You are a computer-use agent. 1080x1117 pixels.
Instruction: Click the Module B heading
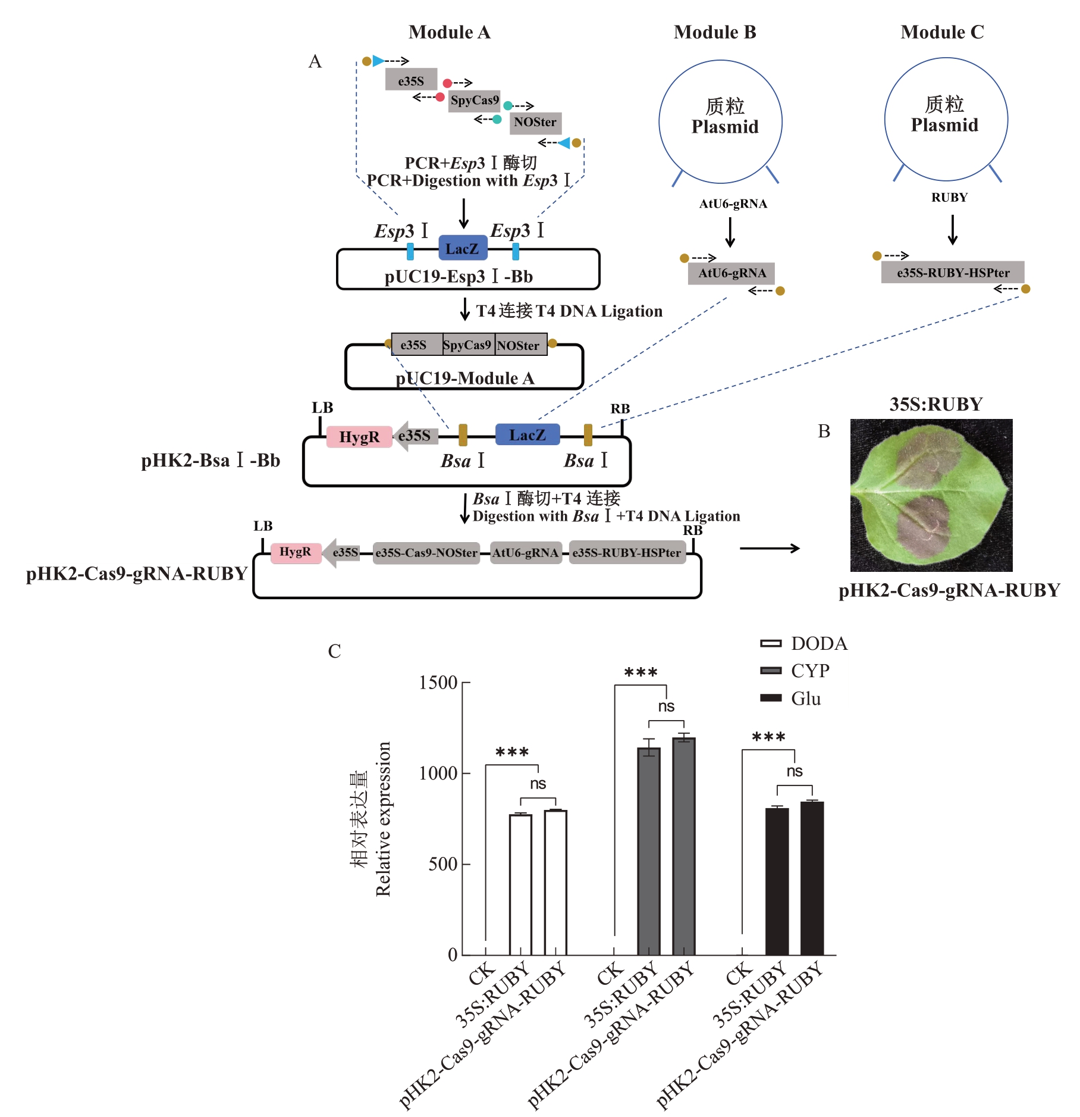click(x=714, y=32)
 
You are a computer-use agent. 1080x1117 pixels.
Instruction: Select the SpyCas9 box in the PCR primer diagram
click(x=474, y=101)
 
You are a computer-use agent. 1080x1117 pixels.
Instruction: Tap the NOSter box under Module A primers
click(x=535, y=123)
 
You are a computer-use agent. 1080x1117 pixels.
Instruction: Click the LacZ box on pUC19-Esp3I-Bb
click(x=462, y=249)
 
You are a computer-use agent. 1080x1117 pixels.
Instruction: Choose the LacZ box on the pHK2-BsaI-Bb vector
click(x=527, y=435)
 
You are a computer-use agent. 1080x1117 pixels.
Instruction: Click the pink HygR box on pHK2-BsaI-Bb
click(x=359, y=437)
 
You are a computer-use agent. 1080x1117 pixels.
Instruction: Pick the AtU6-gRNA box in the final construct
click(x=525, y=553)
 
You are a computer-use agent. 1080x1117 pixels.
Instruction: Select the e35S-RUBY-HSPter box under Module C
click(x=952, y=273)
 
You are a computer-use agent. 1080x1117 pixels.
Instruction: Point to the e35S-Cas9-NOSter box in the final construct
click(x=426, y=553)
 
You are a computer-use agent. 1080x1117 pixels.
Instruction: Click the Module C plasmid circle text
click(x=944, y=115)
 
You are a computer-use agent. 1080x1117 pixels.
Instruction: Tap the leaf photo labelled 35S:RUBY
click(x=931, y=495)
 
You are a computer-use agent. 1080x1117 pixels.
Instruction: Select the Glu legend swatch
click(x=771, y=698)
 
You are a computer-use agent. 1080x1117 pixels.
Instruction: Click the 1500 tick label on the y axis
click(x=438, y=683)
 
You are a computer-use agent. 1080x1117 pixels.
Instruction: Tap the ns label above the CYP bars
click(x=666, y=706)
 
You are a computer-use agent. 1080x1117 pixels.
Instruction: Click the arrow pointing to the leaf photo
click(x=770, y=548)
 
